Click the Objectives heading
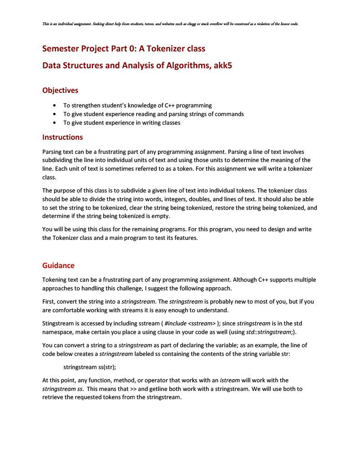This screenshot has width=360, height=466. pos(60,90)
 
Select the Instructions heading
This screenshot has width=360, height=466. pos(62,137)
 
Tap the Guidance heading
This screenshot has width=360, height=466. pos(58,265)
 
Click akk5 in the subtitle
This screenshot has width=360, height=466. pos(223,66)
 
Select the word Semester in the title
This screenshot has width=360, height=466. pos(61,48)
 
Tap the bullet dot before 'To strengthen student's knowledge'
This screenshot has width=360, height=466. pos(55,105)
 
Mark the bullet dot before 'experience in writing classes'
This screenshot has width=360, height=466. pos(55,123)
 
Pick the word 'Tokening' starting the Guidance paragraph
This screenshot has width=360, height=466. pos(55,279)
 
